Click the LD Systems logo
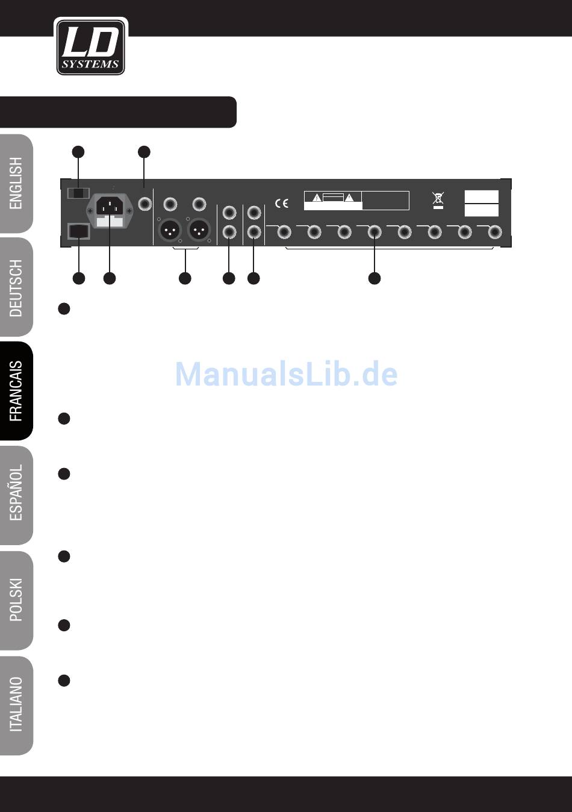pos(90,47)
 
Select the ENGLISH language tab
pos(16,183)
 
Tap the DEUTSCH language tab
pos(16,287)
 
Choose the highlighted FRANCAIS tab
pos(16,391)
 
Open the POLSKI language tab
pos(16,600)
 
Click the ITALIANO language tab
pos(16,705)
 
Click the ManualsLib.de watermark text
pos(286,374)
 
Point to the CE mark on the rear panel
pos(281,204)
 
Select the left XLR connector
pos(170,230)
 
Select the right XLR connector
pos(199,230)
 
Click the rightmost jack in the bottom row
pos(494,231)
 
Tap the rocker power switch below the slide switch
pos(79,232)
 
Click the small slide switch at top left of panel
pos(79,193)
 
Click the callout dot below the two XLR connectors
pos(185,278)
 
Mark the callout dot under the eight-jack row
pos(375,278)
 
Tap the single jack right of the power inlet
pos(145,204)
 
